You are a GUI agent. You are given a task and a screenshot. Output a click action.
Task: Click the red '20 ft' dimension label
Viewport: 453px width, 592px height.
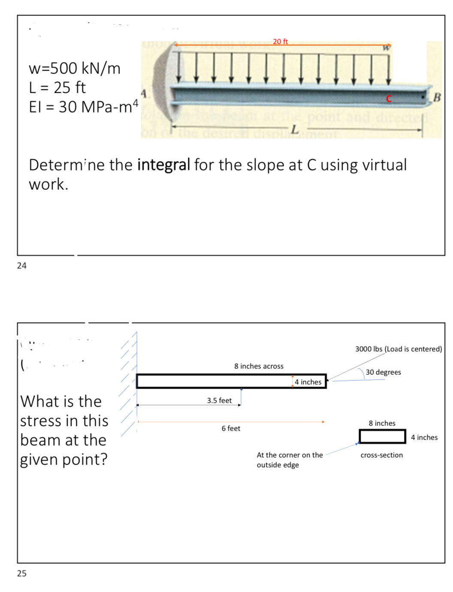pyautogui.click(x=280, y=42)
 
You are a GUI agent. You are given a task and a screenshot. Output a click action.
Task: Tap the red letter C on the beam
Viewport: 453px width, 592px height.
pyautogui.click(x=389, y=99)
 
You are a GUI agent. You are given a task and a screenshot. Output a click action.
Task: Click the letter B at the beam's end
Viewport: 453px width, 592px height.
pyautogui.click(x=437, y=97)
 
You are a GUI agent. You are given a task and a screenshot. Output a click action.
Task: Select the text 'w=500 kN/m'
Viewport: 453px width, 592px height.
pyautogui.click(x=75, y=68)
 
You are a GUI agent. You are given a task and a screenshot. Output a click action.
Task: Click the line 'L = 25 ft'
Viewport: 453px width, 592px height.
pyautogui.click(x=57, y=88)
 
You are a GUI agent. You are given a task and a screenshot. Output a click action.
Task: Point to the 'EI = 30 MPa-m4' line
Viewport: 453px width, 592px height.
pyautogui.click(x=84, y=106)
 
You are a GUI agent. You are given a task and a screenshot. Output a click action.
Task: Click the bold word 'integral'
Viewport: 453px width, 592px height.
pyautogui.click(x=163, y=165)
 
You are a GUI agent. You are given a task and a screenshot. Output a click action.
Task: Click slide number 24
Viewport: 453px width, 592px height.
pyautogui.click(x=21, y=266)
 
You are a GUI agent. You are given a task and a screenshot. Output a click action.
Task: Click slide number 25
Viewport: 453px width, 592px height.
pyautogui.click(x=21, y=573)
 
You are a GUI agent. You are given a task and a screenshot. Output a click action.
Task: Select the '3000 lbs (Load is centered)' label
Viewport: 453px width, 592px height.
pyautogui.click(x=398, y=349)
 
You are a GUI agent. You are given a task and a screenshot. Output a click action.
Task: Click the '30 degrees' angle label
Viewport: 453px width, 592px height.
pyautogui.click(x=383, y=372)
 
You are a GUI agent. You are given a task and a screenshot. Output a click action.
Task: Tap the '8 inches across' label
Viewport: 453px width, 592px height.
pyautogui.click(x=259, y=366)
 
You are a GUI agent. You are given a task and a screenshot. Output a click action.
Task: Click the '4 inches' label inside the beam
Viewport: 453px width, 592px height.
pyautogui.click(x=308, y=382)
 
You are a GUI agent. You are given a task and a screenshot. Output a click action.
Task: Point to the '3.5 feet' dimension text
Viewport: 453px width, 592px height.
pyautogui.click(x=219, y=401)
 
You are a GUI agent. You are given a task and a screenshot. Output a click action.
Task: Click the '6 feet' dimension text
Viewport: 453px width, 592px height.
pyautogui.click(x=231, y=428)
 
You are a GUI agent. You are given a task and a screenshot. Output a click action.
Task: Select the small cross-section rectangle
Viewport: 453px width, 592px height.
pyautogui.click(x=382, y=436)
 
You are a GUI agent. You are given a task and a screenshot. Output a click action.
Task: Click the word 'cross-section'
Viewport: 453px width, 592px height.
pyautogui.click(x=381, y=455)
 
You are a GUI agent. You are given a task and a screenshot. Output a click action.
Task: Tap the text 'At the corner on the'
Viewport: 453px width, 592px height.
pyautogui.click(x=290, y=455)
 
